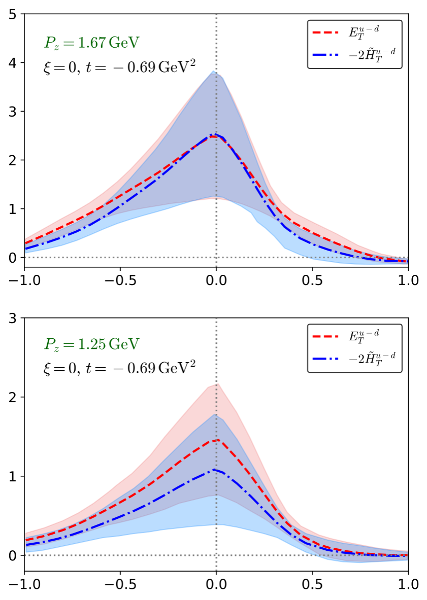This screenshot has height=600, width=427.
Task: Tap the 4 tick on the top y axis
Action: coord(15,63)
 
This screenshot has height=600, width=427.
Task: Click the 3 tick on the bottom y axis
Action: coord(15,318)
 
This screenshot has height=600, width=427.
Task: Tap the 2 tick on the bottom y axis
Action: coord(15,397)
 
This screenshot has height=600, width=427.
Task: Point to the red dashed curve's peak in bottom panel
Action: coord(217,440)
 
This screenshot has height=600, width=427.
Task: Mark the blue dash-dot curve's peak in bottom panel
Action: coord(215,470)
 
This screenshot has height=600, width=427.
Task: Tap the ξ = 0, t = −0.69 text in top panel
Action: coord(120,66)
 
